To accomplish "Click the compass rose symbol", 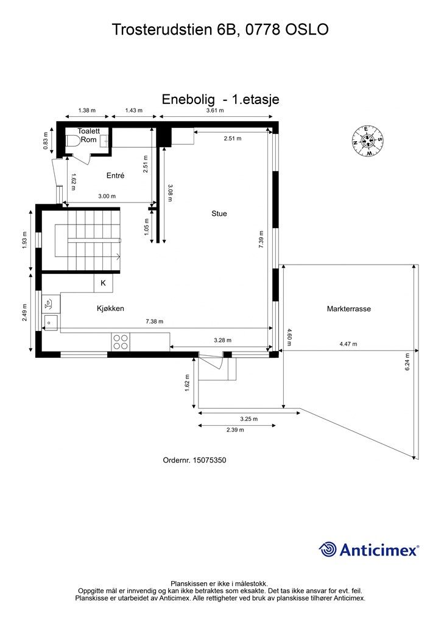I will point(367,141).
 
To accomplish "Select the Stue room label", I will point(219,214).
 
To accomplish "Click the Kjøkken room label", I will point(110,308).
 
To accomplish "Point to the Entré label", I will point(115,175).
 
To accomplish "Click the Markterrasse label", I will point(348,309).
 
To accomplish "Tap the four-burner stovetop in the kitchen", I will point(121,342).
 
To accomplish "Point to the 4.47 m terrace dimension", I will point(348,344).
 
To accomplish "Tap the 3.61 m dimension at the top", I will point(214,111).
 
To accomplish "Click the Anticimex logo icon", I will point(328,549).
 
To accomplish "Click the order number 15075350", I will point(209,461).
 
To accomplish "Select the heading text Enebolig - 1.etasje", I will point(220,99).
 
